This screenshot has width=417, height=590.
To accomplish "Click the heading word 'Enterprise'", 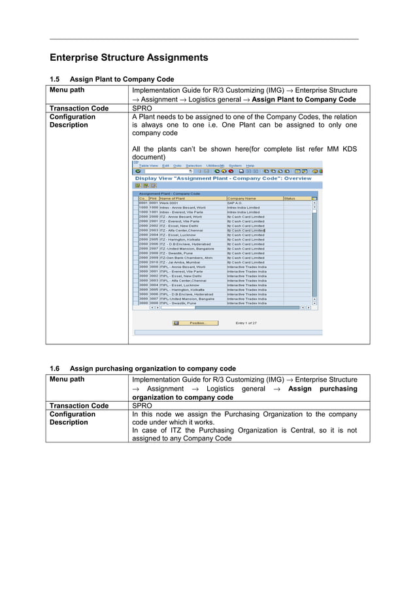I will coord(75,57).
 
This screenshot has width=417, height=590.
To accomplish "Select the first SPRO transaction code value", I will coord(142,108).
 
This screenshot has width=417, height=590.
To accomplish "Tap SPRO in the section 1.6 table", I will coord(142,406).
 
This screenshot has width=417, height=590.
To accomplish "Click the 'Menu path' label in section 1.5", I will coord(67,90).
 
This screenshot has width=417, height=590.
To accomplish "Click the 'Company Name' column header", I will coord(241,198).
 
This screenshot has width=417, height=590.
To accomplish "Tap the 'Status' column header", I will coord(289,198).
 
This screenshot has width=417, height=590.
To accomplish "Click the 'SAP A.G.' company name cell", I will coord(235,203).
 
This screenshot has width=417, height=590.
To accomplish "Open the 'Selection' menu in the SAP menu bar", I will coord(193,165).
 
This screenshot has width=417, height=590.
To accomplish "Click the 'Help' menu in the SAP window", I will coord(250,165).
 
